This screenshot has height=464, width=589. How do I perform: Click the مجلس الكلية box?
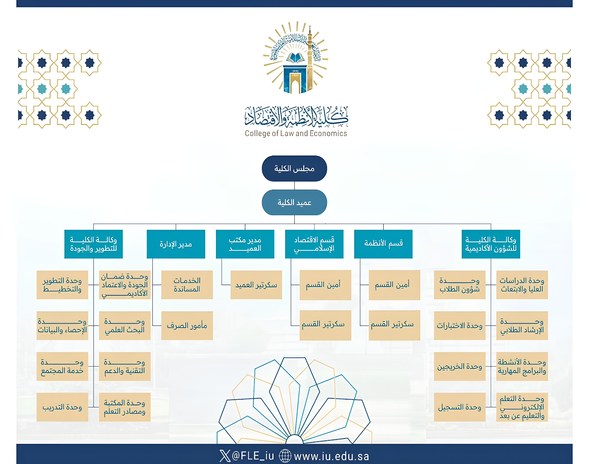point(294,168)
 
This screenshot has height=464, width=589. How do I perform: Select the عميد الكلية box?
point(294,202)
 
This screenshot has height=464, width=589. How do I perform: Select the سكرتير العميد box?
point(256,285)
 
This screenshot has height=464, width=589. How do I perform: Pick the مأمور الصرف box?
point(187,325)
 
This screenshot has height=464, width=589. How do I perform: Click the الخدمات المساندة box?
point(187,285)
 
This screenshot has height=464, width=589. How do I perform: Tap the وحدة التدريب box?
point(62,407)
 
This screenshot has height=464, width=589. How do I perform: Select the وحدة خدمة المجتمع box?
point(62,366)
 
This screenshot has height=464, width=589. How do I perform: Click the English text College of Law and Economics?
point(296,133)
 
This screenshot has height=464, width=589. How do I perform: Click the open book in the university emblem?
point(295,58)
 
